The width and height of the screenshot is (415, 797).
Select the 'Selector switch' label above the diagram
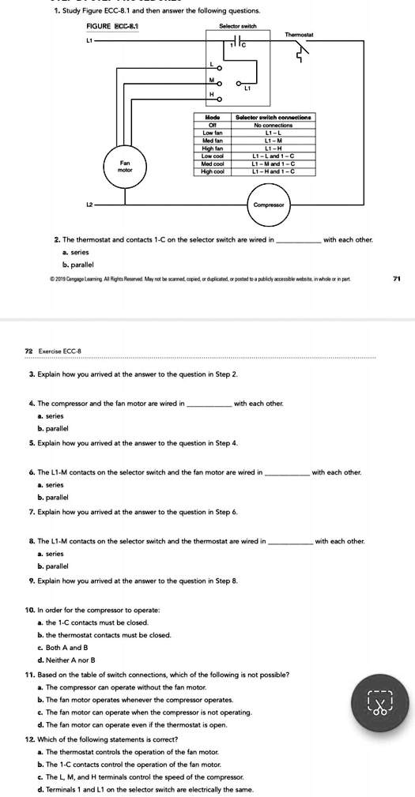coord(238,25)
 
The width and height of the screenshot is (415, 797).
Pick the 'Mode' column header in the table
coord(210,117)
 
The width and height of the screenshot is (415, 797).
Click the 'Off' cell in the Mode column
coord(210,124)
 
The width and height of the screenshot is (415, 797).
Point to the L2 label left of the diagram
coord(91,203)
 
